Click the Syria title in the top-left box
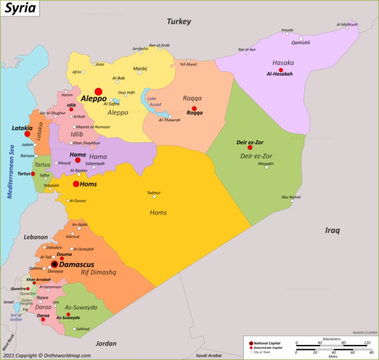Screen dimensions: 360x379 (x=19, y=9)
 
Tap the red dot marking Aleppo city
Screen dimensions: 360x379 (x=99, y=91)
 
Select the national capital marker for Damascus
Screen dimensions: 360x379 (x=54, y=264)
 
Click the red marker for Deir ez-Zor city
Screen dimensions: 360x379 (x=250, y=147)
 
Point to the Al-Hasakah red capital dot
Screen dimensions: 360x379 (x=281, y=70)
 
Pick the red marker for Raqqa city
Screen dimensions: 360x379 (x=194, y=108)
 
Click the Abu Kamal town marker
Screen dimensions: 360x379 (x=292, y=201)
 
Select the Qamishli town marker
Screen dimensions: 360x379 (x=300, y=38)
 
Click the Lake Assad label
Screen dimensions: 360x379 (x=154, y=101)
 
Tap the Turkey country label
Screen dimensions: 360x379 (x=179, y=21)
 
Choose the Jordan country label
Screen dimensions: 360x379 (x=106, y=343)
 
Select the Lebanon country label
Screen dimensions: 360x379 (x=36, y=237)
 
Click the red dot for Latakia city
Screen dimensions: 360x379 (x=27, y=134)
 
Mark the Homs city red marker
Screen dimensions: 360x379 (x=76, y=184)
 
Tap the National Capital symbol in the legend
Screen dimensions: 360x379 (x=251, y=342)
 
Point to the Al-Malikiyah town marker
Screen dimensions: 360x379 (x=347, y=28)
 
